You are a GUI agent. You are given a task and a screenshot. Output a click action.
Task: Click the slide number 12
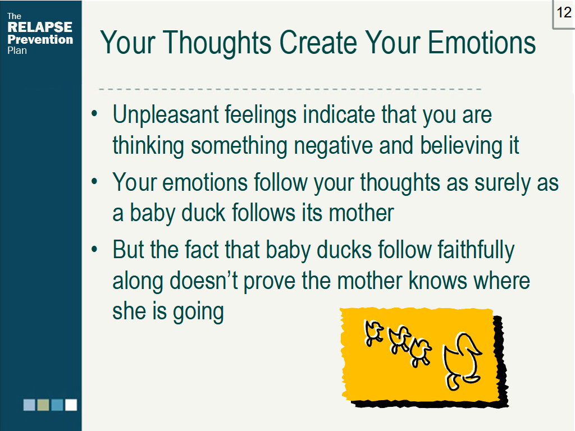[x=564, y=13]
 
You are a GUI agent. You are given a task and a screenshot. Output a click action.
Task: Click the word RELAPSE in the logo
[x=40, y=27]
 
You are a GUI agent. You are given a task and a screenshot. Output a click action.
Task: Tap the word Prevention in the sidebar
[x=40, y=40]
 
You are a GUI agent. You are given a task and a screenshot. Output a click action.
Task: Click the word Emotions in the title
[x=481, y=43]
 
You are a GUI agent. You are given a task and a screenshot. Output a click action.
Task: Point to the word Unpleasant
[x=166, y=114]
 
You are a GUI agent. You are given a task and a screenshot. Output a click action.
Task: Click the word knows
[x=437, y=281]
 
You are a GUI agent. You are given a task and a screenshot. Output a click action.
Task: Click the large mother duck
[x=462, y=361]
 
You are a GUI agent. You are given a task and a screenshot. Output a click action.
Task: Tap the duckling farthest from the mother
[x=373, y=333]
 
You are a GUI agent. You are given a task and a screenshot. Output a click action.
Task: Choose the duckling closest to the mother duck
[x=420, y=352]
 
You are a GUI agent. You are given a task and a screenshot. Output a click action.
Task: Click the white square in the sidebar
[x=71, y=405]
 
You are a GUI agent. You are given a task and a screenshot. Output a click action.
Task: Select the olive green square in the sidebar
[x=43, y=405]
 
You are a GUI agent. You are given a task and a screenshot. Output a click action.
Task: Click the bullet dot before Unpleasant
[x=94, y=113]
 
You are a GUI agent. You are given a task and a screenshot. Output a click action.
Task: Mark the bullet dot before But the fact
[x=94, y=249]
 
